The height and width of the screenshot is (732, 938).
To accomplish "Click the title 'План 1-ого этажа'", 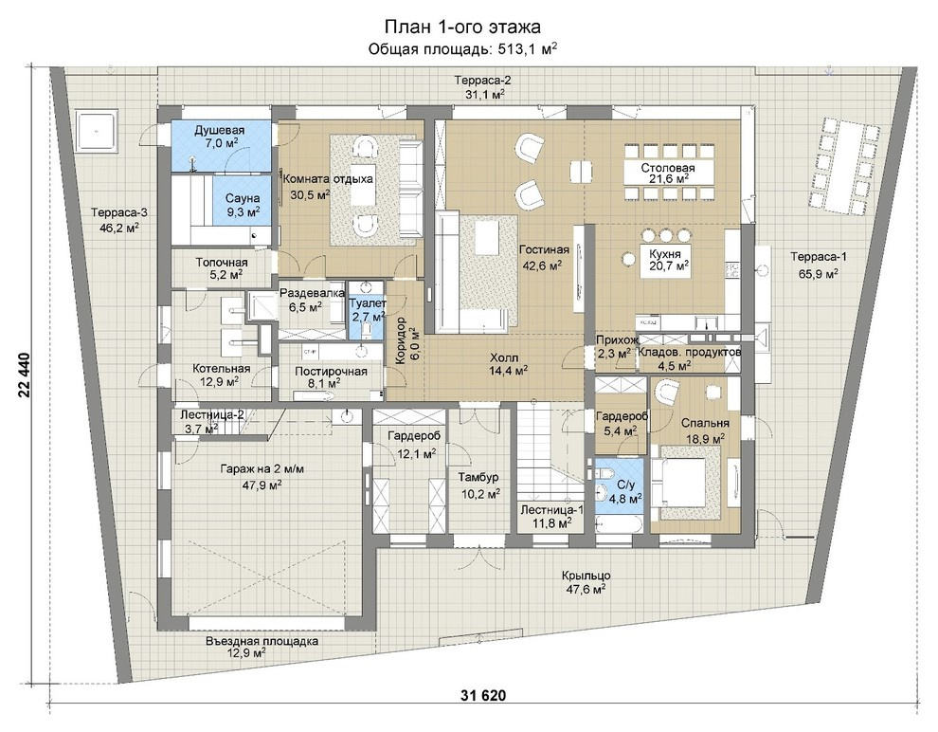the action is pos(461,27).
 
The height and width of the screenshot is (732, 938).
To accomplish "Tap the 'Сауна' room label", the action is pos(243,198).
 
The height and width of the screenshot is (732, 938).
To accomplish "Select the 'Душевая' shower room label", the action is pos(220,130).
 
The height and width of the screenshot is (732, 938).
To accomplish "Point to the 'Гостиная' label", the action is pos(544,249).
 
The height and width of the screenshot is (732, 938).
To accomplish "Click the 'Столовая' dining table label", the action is pos(668,168).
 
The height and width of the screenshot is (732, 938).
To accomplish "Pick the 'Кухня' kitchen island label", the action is pos(664,254).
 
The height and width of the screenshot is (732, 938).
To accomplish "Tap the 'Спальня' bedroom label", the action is pos(705,424).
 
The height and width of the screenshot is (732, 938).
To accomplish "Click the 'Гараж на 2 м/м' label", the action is pos(262,469).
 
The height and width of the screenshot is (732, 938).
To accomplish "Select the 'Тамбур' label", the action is pos(478,478).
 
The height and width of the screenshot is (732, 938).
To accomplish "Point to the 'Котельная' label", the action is pos(222,369).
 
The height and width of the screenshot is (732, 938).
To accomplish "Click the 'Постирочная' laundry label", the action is pos(331,372).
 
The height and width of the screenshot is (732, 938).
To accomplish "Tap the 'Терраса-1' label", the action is pos(819,257).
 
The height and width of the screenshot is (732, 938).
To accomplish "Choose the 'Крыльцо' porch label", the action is pos(586,576).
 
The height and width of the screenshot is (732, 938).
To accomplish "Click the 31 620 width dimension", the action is pos(483,695).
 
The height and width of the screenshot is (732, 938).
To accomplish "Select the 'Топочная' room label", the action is pos(222,262).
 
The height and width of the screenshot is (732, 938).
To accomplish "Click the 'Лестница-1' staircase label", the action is pos(551,510).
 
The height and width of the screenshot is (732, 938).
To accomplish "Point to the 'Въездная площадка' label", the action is pos(262,642).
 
